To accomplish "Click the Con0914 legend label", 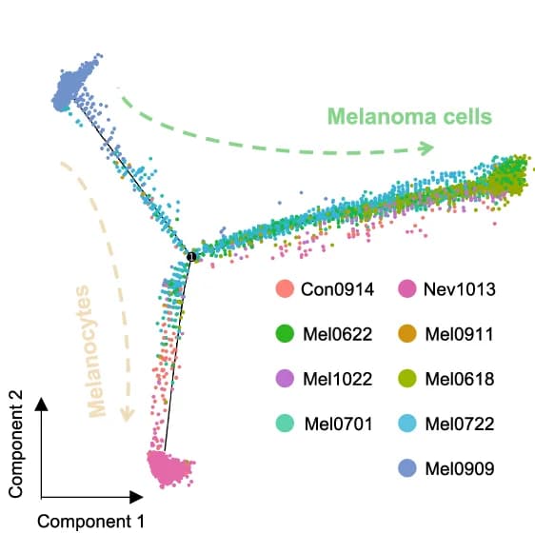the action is (x=337, y=289).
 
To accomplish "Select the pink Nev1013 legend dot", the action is (x=407, y=288).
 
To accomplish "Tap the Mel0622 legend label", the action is (x=338, y=334).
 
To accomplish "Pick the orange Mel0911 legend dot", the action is (x=407, y=334).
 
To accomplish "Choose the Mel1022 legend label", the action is (x=338, y=379).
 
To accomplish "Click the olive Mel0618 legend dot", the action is (x=407, y=379).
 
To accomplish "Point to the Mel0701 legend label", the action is (x=339, y=424).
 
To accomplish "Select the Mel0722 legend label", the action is (x=460, y=424).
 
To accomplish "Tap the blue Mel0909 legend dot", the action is (x=407, y=468).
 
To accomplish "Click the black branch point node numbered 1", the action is (x=191, y=256).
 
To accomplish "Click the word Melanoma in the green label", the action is (x=377, y=116).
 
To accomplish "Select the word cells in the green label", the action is (x=462, y=116).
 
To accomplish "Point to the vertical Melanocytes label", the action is (x=90, y=351).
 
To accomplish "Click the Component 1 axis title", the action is (x=91, y=522).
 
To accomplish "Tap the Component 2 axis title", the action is (x=16, y=444).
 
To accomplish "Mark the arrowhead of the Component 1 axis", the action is (x=136, y=497).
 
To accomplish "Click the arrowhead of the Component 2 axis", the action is (x=41, y=404).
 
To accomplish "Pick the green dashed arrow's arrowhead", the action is (x=426, y=148).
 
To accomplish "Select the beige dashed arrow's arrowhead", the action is (x=127, y=414).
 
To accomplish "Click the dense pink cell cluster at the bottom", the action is (x=168, y=468).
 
